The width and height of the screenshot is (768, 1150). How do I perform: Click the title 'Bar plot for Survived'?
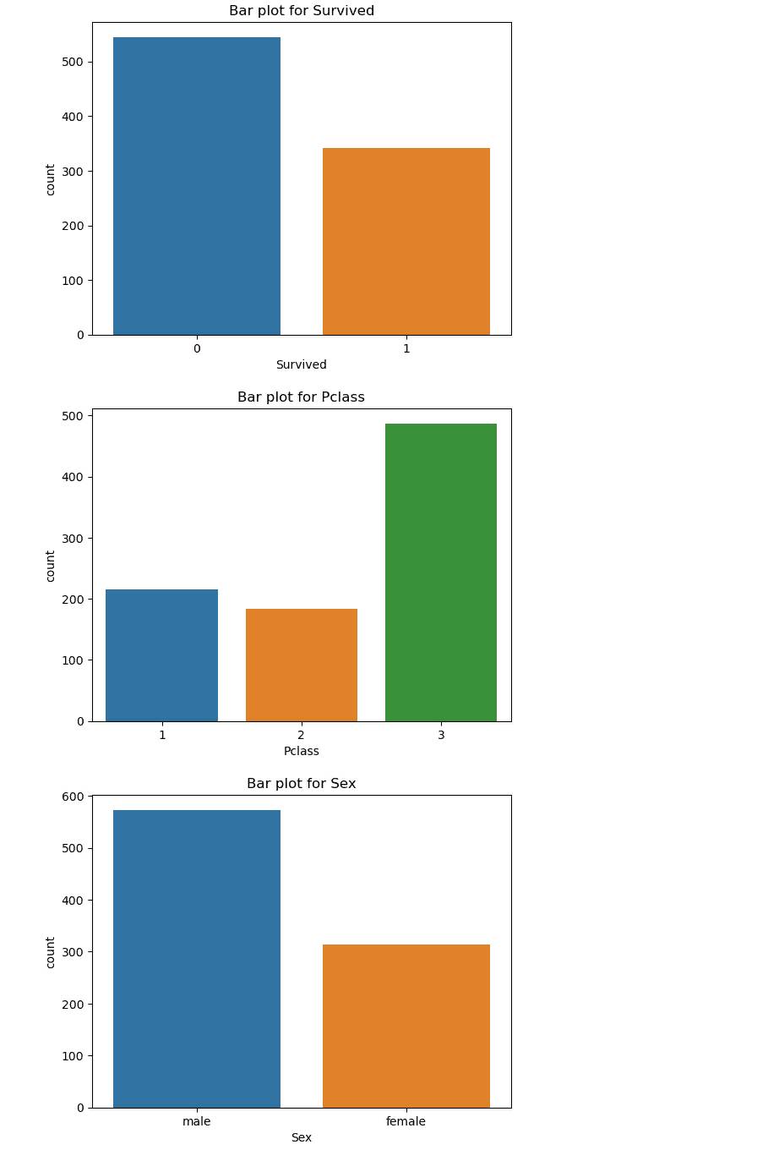pos(302,11)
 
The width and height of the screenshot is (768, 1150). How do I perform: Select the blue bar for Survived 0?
pos(197,186)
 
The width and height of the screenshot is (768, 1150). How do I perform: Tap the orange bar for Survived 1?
pos(406,242)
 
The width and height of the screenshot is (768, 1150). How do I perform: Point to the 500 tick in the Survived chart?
pos(74,62)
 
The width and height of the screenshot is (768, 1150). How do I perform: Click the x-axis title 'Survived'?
pos(301,364)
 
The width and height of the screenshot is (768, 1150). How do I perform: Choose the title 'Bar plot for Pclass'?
pos(301,397)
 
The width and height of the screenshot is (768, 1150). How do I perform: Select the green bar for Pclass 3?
pos(441,572)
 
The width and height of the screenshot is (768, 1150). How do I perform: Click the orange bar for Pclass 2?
pos(302,665)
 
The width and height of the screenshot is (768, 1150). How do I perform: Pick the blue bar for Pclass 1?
pos(162,655)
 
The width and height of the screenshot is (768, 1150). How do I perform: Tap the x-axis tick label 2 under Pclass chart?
pos(302,735)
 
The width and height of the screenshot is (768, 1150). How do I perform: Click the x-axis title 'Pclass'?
pos(302,751)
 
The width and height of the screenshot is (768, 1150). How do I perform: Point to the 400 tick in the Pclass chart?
pos(74,477)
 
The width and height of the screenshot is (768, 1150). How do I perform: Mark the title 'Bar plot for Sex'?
pos(302,784)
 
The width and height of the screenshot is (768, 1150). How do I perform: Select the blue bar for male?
pos(197,959)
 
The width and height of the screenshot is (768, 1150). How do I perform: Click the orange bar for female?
pos(406,1026)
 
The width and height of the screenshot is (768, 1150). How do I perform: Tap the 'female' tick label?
pos(406,1121)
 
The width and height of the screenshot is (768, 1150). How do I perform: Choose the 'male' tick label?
pos(197,1121)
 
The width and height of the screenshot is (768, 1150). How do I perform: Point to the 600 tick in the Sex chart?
pos(74,797)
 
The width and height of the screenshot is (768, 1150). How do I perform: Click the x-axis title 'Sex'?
pos(302,1137)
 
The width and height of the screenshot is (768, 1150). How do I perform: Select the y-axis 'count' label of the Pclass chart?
pos(51,566)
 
